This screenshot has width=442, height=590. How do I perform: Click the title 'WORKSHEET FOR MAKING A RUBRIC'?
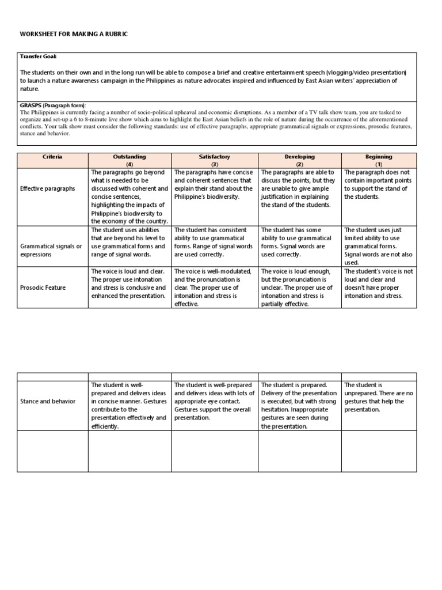point(74,35)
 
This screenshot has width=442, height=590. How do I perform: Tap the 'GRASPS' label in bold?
point(31,105)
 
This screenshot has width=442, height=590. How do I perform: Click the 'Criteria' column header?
point(52,156)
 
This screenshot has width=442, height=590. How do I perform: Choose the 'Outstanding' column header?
point(129,156)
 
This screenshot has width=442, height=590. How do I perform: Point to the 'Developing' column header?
point(300,156)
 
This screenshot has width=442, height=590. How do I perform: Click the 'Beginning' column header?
point(379,156)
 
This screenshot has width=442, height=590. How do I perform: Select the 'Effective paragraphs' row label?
point(48,188)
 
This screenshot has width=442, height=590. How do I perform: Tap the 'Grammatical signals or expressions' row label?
point(51,250)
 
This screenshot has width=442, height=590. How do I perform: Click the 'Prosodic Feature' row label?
point(43,288)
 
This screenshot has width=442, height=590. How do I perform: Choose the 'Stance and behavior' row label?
point(47,401)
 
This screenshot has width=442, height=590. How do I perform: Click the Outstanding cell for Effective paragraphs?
point(129,196)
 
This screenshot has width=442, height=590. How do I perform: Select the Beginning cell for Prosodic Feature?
point(379,283)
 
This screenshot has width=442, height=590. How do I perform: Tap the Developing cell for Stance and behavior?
point(300,406)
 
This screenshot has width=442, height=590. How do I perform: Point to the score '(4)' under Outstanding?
point(129,164)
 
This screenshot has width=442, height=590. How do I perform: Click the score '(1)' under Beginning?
point(379,164)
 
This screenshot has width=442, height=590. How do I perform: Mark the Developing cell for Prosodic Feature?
point(300,288)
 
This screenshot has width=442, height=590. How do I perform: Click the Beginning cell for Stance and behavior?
point(379,398)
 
